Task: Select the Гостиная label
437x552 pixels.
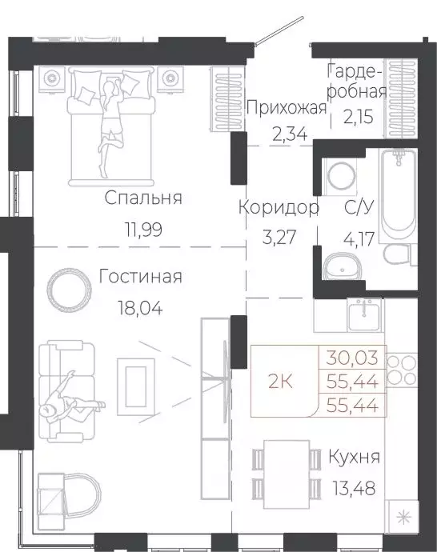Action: coord(140,277)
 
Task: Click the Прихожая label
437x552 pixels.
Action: coord(287,109)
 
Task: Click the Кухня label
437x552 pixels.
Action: coord(354,458)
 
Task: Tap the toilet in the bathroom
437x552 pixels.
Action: coord(396,255)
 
